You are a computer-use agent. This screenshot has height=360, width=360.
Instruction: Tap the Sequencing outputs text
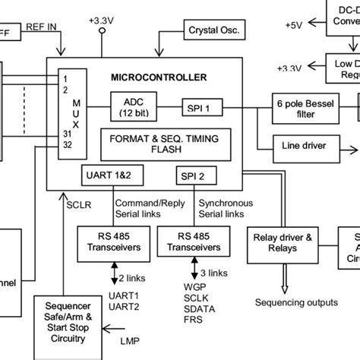(297, 302)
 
